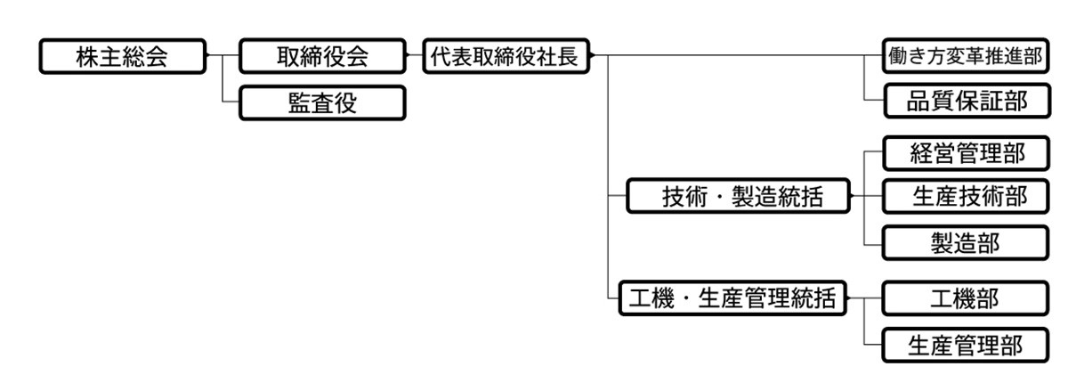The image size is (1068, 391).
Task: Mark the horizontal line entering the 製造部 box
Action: click(872, 242)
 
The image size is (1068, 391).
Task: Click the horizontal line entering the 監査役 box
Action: click(231, 102)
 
